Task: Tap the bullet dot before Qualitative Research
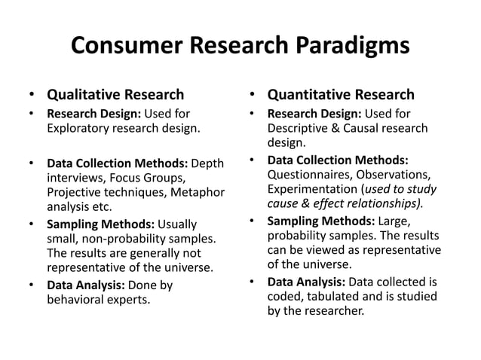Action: click(x=31, y=96)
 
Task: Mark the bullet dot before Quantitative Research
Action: click(x=252, y=96)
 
